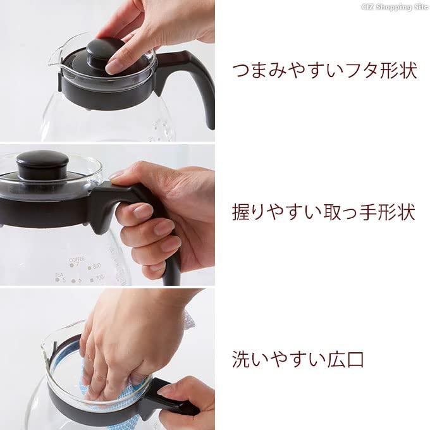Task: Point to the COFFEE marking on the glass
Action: pos(77,259)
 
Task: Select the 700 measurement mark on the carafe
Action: pos(97,279)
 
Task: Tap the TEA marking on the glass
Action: pos(59,274)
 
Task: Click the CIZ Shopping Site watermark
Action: pos(395,7)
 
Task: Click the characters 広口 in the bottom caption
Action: pos(346,359)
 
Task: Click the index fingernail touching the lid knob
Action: pos(112,66)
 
